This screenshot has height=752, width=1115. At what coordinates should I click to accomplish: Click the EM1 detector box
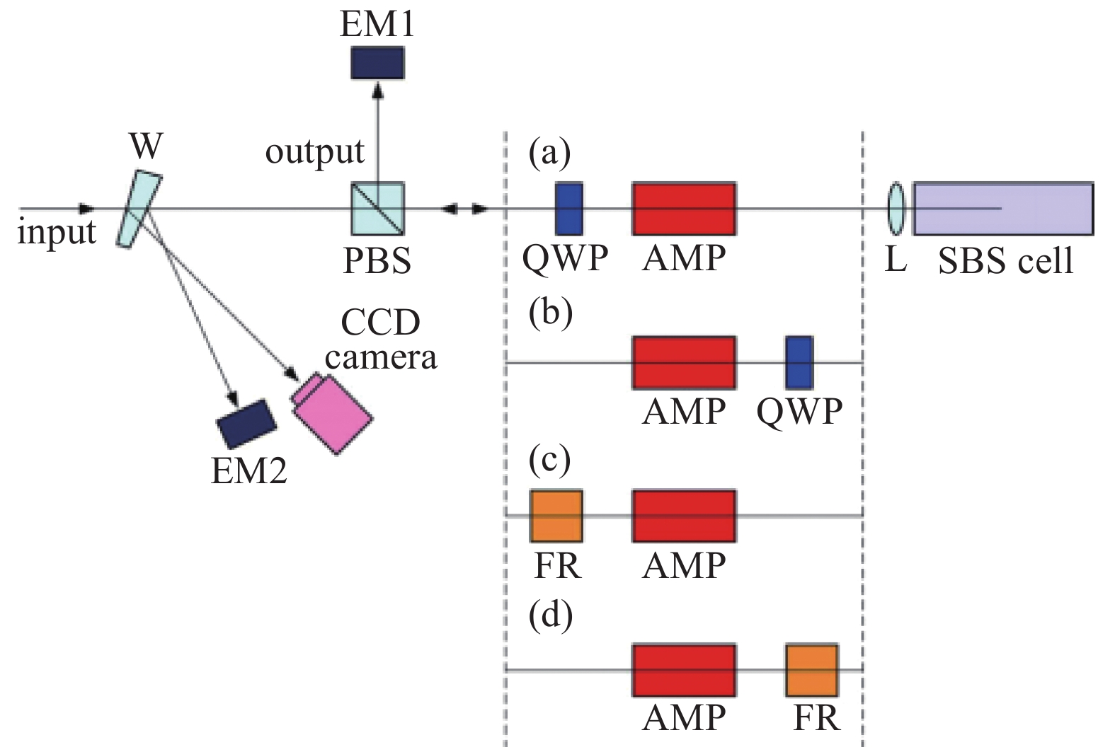[377, 62]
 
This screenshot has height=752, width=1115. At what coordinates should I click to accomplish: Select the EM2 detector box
[246, 423]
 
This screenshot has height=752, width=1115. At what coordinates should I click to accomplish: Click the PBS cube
[377, 209]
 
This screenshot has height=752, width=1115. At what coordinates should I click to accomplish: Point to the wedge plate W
[140, 209]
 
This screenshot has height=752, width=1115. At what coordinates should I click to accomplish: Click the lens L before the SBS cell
[896, 209]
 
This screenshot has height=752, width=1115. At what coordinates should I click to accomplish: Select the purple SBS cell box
[1003, 209]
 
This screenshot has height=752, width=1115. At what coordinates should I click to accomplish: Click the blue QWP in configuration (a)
[569, 209]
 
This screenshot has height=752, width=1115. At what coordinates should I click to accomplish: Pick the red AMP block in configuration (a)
[684, 209]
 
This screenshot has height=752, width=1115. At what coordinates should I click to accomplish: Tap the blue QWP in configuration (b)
[799, 362]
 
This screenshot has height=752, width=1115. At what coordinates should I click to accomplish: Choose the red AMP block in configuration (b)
[684, 362]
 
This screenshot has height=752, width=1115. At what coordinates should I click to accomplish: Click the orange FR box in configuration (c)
[556, 516]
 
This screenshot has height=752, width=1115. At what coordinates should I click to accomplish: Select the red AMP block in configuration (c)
[684, 516]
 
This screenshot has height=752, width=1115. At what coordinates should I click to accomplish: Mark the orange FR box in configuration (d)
[812, 669]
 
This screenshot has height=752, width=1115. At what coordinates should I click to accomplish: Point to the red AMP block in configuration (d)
[684, 669]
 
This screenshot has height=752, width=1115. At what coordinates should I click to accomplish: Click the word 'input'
[57, 232]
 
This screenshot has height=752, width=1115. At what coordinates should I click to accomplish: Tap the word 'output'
[314, 151]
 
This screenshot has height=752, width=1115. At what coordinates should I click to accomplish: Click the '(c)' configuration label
[550, 461]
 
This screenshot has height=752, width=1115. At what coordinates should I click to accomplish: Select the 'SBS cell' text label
[1005, 261]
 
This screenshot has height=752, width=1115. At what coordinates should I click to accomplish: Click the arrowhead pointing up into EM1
[377, 88]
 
